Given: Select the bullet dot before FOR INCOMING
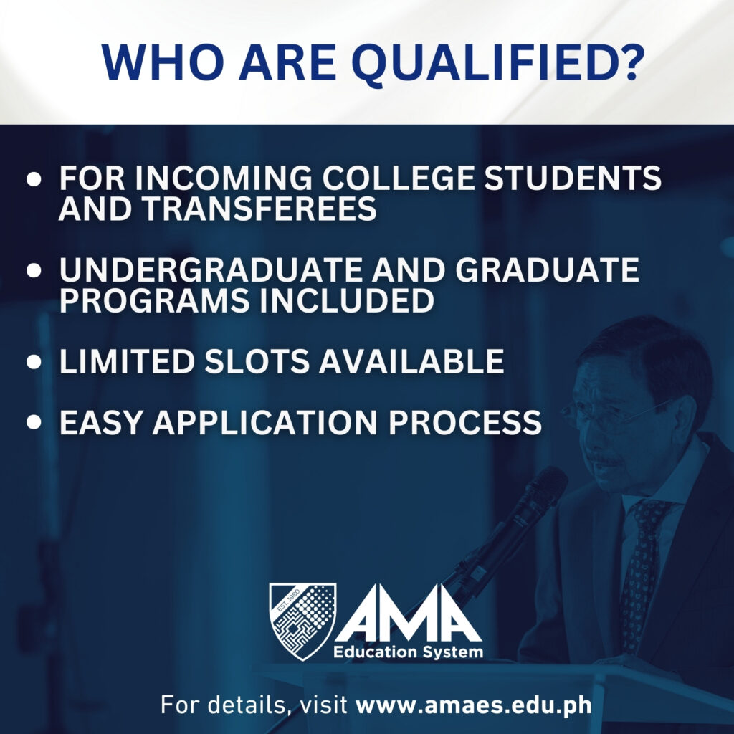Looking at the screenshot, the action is pos(34,179).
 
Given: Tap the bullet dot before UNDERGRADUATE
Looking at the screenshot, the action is pos(34,270).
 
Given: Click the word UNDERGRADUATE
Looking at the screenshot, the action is pos(210,270).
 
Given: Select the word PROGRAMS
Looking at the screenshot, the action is pos(154,300).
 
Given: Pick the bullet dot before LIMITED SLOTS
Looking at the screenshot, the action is pos(34,362).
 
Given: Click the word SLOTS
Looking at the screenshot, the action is pos(257,361).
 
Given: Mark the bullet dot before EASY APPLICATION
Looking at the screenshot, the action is pos(34,421).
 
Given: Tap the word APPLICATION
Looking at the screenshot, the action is pos(265,422).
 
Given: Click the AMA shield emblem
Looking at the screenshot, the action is pos(303,621).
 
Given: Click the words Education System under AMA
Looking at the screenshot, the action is pos(408,652).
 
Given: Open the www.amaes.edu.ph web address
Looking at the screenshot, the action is pos(474,705).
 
